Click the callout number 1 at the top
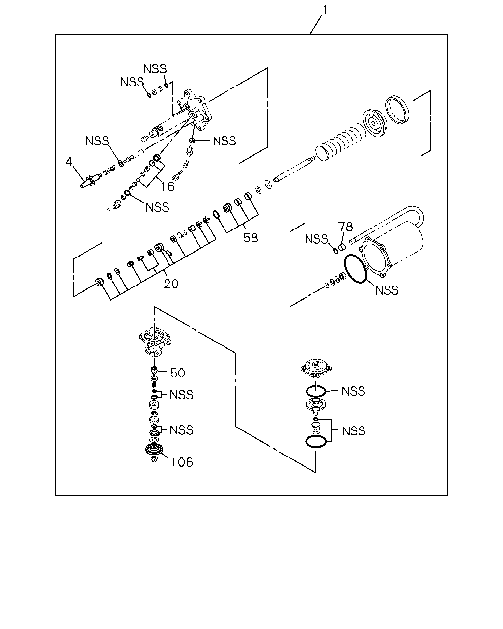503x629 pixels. point(325,10)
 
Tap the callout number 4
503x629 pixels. point(69,161)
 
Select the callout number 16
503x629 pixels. point(168,186)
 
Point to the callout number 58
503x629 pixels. point(251,238)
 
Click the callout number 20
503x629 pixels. point(171,284)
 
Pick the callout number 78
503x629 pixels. point(345,226)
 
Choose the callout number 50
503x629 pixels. point(177,373)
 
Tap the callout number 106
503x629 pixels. point(182,462)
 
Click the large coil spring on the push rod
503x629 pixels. point(341,142)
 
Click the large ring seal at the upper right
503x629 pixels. point(397,109)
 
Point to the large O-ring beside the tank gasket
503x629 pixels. point(355,268)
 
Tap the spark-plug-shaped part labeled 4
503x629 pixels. point(90,181)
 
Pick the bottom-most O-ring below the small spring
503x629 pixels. point(316,441)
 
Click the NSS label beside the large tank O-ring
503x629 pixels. point(387,290)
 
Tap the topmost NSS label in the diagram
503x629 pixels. point(155,69)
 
